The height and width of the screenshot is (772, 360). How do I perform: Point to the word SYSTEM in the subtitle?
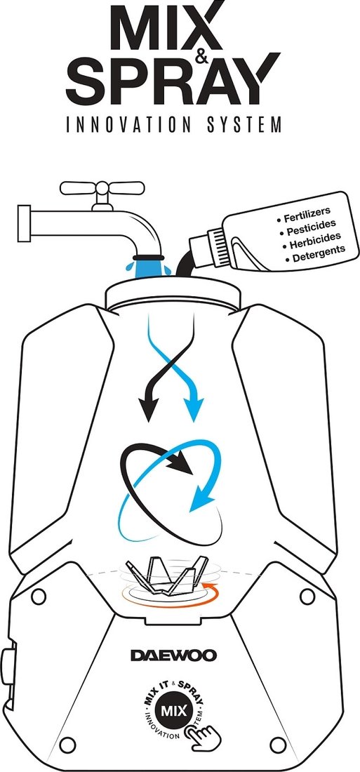245,124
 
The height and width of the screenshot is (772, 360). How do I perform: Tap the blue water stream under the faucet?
148,267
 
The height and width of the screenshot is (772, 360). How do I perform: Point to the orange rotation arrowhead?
212,585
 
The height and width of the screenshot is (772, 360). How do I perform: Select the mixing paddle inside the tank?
165,574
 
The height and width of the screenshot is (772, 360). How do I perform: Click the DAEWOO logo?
173,655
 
